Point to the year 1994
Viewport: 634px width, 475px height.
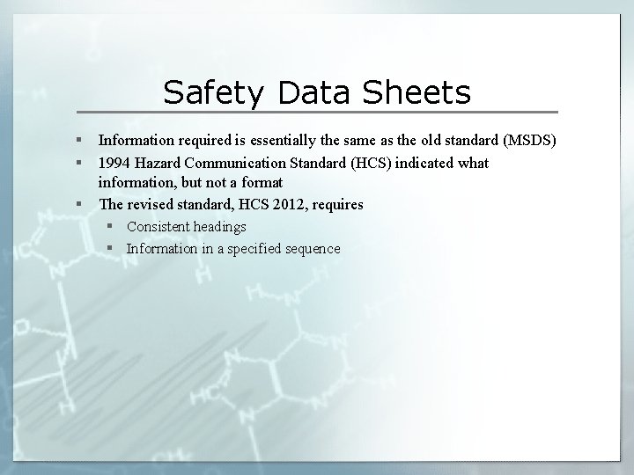pyautogui.click(x=114, y=163)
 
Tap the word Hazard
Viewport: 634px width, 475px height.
pyautogui.click(x=159, y=163)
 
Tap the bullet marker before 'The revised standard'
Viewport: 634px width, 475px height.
pyautogui.click(x=79, y=204)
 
